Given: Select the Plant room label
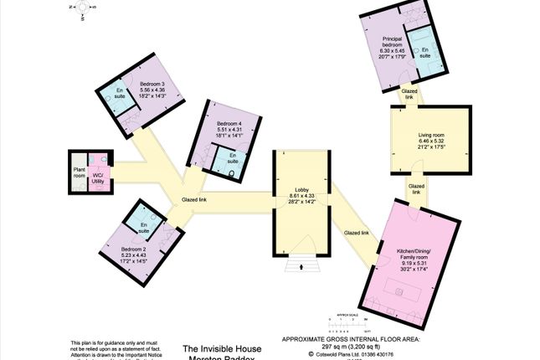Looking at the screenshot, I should coord(79,172).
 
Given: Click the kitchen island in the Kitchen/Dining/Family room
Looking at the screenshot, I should coord(399,294).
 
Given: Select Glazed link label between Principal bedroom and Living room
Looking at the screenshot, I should coord(409,95).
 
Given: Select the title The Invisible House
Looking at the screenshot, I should coord(222,347).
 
